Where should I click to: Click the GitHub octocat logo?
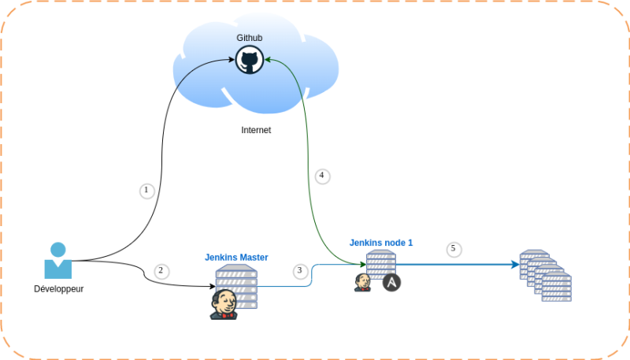point(250,60)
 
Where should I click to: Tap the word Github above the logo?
point(250,38)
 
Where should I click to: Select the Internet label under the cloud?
point(256,130)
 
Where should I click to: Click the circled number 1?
point(146,191)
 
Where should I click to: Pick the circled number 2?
point(161,271)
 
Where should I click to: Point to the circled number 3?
point(299,271)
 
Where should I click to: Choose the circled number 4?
point(321,176)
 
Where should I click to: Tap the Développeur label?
point(59,288)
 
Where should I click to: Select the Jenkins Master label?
point(236,257)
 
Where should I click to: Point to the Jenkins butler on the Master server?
point(223,304)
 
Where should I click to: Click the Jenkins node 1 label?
point(381,243)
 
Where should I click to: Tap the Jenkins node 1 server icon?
point(381,265)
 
